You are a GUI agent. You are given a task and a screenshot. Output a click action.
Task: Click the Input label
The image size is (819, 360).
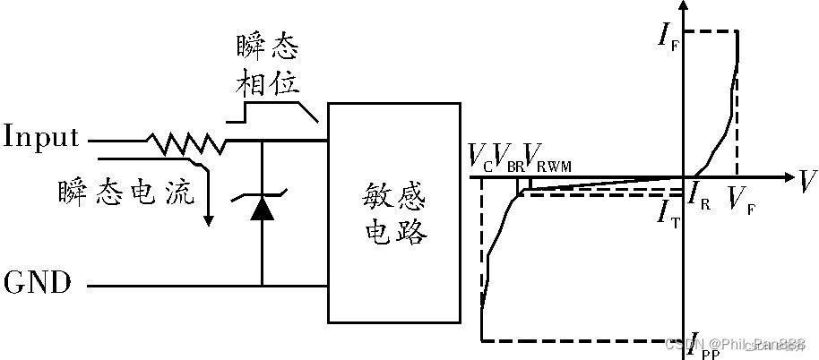click(41, 138)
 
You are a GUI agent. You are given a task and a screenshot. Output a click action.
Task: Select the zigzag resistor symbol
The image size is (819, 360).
click(185, 141)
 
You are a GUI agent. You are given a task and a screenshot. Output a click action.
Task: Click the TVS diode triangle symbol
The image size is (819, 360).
click(262, 209)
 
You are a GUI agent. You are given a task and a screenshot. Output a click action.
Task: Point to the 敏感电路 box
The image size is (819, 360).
click(396, 212)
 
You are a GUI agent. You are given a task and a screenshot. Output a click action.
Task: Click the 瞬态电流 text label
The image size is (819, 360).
click(126, 192)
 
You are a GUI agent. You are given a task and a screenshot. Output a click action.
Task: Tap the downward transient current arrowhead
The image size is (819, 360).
click(208, 219)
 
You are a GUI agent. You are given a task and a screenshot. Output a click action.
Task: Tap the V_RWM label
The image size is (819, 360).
click(547, 159)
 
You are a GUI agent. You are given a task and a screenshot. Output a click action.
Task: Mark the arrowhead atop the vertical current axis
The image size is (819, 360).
click(684, 6)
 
